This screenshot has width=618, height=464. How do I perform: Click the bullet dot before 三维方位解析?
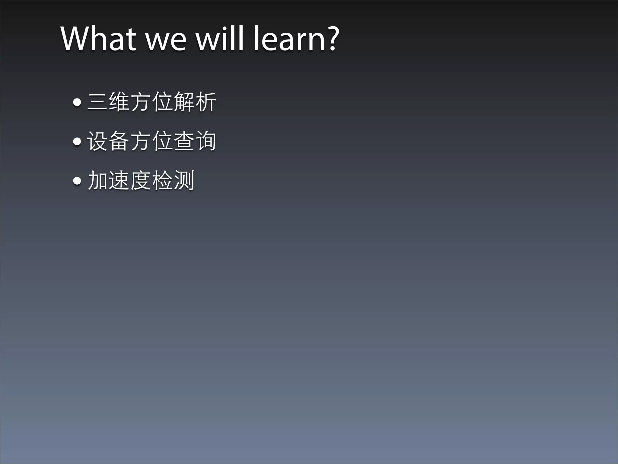(x=77, y=102)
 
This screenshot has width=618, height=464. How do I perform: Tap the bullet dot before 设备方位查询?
(x=77, y=141)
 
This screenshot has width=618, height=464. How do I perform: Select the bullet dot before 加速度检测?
(x=77, y=181)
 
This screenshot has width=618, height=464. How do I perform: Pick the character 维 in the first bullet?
(x=119, y=102)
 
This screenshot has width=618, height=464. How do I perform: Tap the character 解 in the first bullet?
(x=184, y=102)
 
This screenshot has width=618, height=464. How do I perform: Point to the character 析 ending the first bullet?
(x=206, y=102)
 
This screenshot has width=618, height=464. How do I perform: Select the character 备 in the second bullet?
(x=119, y=141)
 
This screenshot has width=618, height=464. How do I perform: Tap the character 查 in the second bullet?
(x=184, y=141)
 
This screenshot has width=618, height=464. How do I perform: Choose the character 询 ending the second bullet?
(x=206, y=141)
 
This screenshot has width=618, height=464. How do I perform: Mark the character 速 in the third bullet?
(x=119, y=180)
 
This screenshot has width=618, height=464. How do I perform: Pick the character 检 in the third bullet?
(x=162, y=180)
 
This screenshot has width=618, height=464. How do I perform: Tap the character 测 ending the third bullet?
(x=184, y=180)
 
